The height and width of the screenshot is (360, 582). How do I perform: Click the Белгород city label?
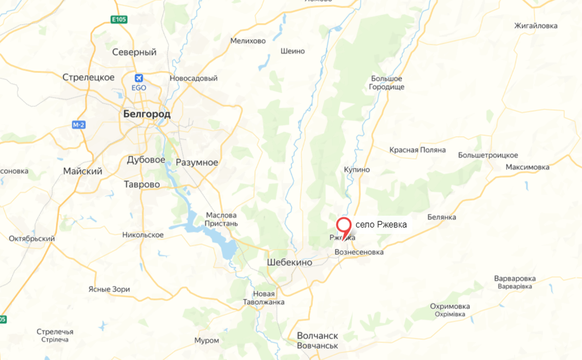[x=146, y=114]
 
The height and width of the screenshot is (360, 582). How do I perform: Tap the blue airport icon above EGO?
[x=139, y=78]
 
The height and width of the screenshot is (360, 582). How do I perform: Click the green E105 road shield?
[x=118, y=19]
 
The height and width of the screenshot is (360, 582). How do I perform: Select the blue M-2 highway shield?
[x=78, y=125]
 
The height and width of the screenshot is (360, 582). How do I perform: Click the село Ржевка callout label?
[x=381, y=225]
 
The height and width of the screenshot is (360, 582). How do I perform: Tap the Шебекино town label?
[x=290, y=262]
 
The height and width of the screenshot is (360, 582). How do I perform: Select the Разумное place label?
[x=197, y=163]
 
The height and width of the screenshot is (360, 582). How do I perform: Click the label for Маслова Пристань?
[x=221, y=219]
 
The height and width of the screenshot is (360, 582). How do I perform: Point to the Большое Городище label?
[x=387, y=83]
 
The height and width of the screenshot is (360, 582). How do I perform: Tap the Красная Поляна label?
[x=417, y=150]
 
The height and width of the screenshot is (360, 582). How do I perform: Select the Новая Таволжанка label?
[x=260, y=298]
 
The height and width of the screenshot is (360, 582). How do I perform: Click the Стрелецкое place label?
[x=89, y=77]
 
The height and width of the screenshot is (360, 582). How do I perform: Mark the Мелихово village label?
[x=248, y=41]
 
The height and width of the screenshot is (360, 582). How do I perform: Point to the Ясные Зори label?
[x=109, y=289]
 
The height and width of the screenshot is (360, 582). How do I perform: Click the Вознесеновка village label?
[x=359, y=252]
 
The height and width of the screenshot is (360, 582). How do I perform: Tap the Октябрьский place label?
[x=32, y=239]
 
